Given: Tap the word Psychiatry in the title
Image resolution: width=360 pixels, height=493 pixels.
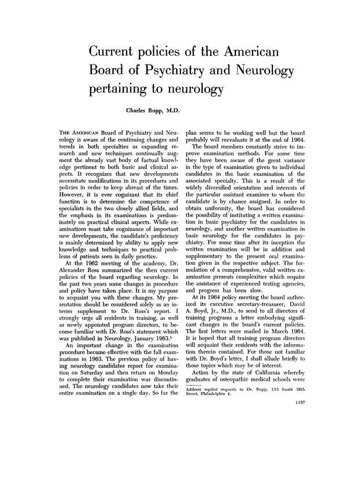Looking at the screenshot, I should tap(180, 71).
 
